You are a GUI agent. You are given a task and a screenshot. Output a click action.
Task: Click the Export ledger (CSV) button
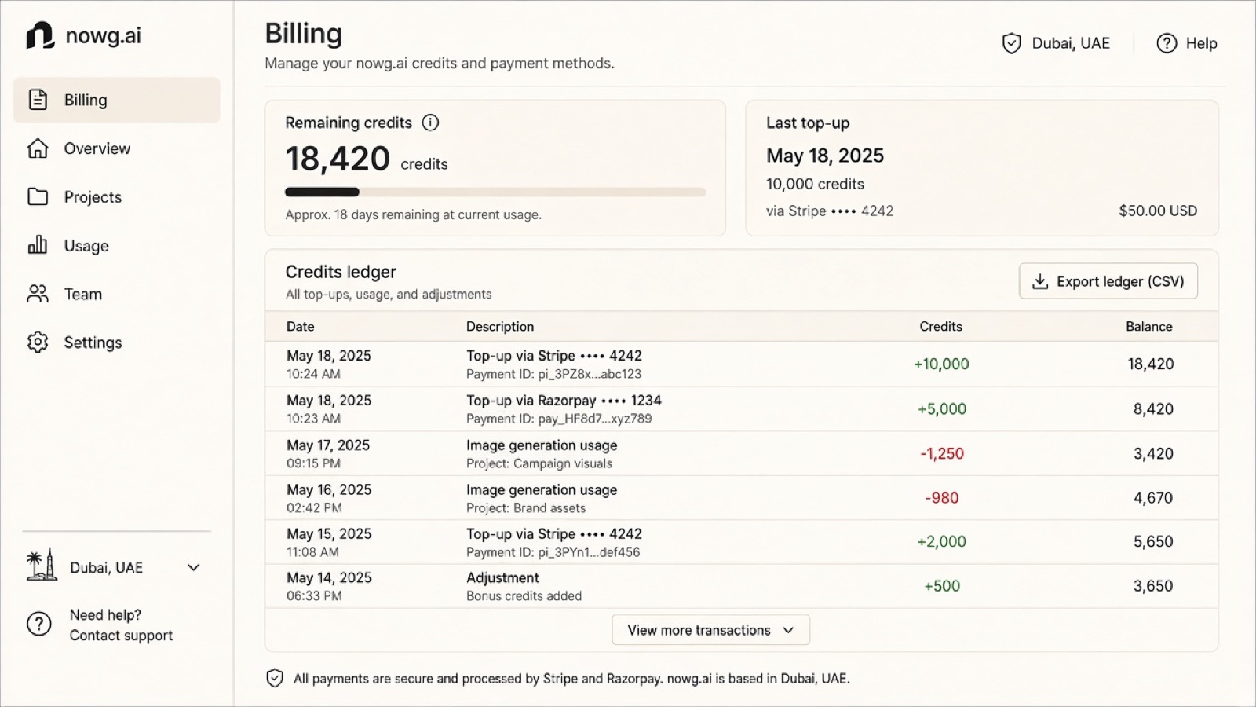[1108, 281]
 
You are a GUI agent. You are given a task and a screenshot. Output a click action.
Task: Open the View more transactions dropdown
[710, 629]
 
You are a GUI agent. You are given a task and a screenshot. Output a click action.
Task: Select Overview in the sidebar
[97, 148]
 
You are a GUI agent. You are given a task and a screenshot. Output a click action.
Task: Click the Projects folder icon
[38, 196]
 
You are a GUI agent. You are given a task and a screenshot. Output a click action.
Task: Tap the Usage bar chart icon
[38, 244]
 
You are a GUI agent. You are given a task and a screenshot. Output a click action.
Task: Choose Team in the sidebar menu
[83, 294]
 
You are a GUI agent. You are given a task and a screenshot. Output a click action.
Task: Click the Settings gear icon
[38, 342]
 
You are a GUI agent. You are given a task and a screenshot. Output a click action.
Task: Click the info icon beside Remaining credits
[430, 123]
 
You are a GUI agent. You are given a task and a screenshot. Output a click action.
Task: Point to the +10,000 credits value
[941, 364]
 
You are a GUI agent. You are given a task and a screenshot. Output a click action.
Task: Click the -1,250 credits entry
[942, 453]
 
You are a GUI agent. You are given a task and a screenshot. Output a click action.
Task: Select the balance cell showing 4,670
[1153, 498]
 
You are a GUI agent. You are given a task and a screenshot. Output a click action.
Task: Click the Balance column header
[1149, 327]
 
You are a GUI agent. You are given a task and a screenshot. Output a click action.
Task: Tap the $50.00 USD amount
[1158, 211]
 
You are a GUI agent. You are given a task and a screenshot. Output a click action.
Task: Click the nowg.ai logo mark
[40, 35]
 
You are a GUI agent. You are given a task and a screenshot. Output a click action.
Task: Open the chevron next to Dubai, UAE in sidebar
[193, 567]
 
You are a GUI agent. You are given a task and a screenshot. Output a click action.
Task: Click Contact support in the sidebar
[121, 636]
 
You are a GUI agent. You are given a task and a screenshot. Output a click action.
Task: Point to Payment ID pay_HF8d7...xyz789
[559, 419]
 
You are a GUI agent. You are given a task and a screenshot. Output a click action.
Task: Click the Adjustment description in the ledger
[502, 577]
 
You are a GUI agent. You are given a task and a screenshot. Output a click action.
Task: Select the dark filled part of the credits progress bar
[322, 192]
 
